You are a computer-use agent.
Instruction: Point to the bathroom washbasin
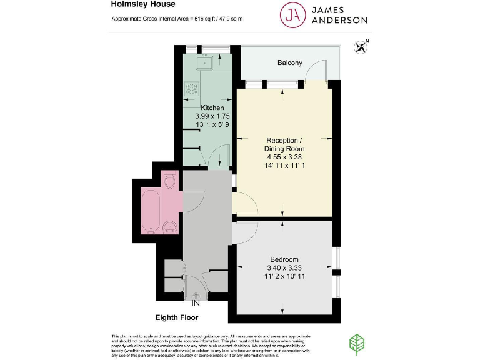(169, 226)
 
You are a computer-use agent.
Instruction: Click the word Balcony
(290, 62)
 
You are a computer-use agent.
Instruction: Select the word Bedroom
(284, 259)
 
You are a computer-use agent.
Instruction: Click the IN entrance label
(196, 303)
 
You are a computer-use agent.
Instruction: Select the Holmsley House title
(143, 5)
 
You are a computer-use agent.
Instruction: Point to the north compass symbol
(360, 46)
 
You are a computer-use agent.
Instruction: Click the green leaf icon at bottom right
(356, 344)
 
